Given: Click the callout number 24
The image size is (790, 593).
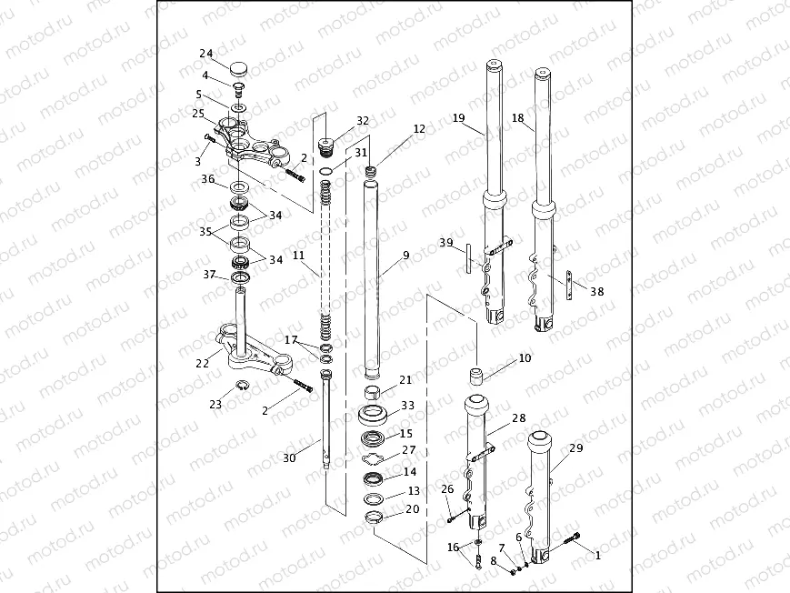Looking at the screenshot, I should (206, 53).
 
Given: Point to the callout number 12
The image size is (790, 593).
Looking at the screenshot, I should (419, 129).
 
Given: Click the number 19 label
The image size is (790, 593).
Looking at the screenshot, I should (458, 118).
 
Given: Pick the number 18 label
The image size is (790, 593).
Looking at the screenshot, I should (518, 118).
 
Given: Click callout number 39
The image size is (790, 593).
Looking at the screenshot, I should (445, 242).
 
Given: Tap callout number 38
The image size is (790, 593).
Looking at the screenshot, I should (596, 292).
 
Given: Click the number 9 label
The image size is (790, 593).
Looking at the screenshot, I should (406, 255).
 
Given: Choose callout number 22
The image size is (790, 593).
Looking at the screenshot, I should (202, 363).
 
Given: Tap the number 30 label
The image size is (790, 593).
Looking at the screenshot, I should (290, 458).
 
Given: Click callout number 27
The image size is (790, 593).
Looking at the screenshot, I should (408, 449).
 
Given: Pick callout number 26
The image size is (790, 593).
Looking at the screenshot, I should (446, 489).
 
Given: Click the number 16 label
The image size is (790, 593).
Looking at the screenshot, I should (454, 547).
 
